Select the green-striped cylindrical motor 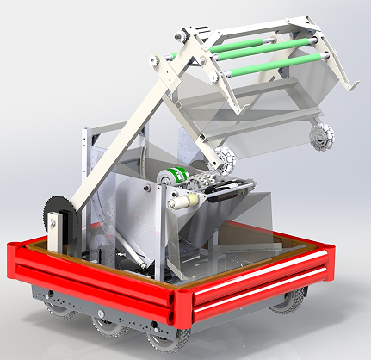point(175,175)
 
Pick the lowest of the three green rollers point(280,65)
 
